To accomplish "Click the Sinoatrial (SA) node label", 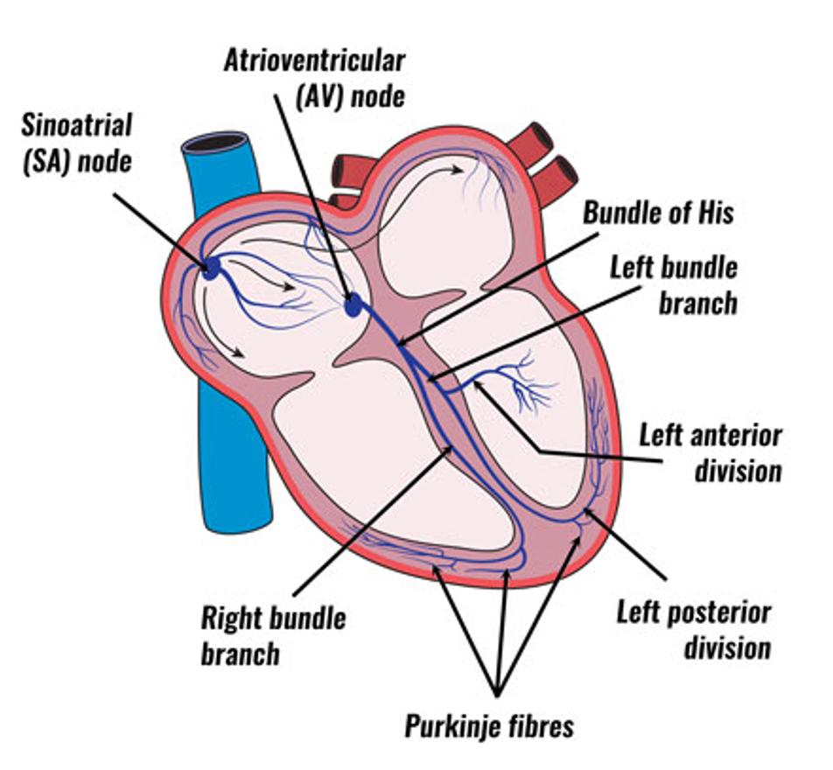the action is coord(76,143).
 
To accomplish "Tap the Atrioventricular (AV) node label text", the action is coord(314,79).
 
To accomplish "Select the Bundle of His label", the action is coord(658,213).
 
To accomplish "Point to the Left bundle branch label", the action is coord(674,285).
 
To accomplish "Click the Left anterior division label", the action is coord(710,453).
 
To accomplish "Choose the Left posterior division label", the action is coord(694,630).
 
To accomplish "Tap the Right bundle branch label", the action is coord(273,636).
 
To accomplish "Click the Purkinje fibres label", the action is coord(489,726).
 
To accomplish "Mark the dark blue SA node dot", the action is coord(211,268).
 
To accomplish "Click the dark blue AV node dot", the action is coord(353,305).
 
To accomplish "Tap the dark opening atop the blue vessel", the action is coord(215,143).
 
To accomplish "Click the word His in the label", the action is coord(716,213).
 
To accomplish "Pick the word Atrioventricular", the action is coord(314,60).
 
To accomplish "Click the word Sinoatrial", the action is coord(76,125).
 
